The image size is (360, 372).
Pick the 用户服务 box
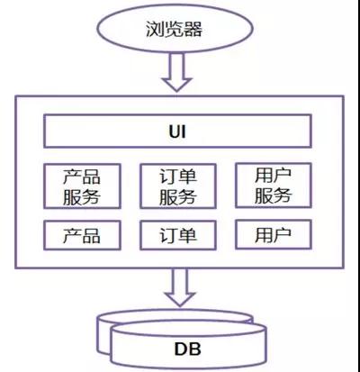point(273,185)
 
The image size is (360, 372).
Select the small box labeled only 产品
point(82,236)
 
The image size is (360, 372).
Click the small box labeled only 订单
point(179,236)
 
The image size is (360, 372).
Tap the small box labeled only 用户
point(273,235)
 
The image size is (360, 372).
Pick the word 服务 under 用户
point(273,195)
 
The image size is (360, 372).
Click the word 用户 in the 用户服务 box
point(273,174)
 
